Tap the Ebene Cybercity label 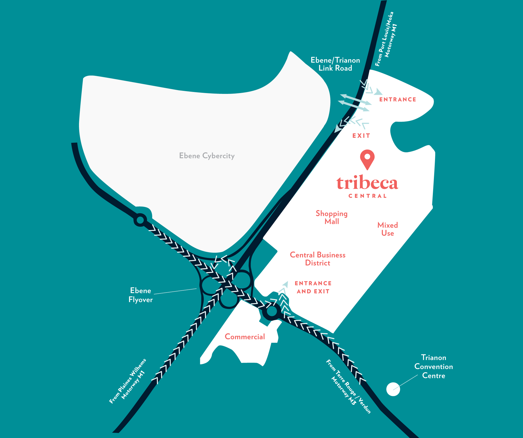coord(207,156)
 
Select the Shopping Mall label coord(332,217)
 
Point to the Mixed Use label coord(388,229)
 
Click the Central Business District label coord(318,259)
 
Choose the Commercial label coord(245,337)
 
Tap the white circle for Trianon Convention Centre coord(393,389)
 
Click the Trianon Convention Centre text coord(433,367)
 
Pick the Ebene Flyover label coord(141,295)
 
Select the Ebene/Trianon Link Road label coord(335,64)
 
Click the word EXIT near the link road coord(361,136)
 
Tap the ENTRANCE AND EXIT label coord(313,287)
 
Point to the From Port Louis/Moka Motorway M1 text coord(386,39)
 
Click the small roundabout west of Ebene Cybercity coord(140,220)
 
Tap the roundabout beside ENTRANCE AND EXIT coord(272,311)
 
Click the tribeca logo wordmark coord(367,183)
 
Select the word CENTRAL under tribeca coord(367,196)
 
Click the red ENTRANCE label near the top coord(398,100)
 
